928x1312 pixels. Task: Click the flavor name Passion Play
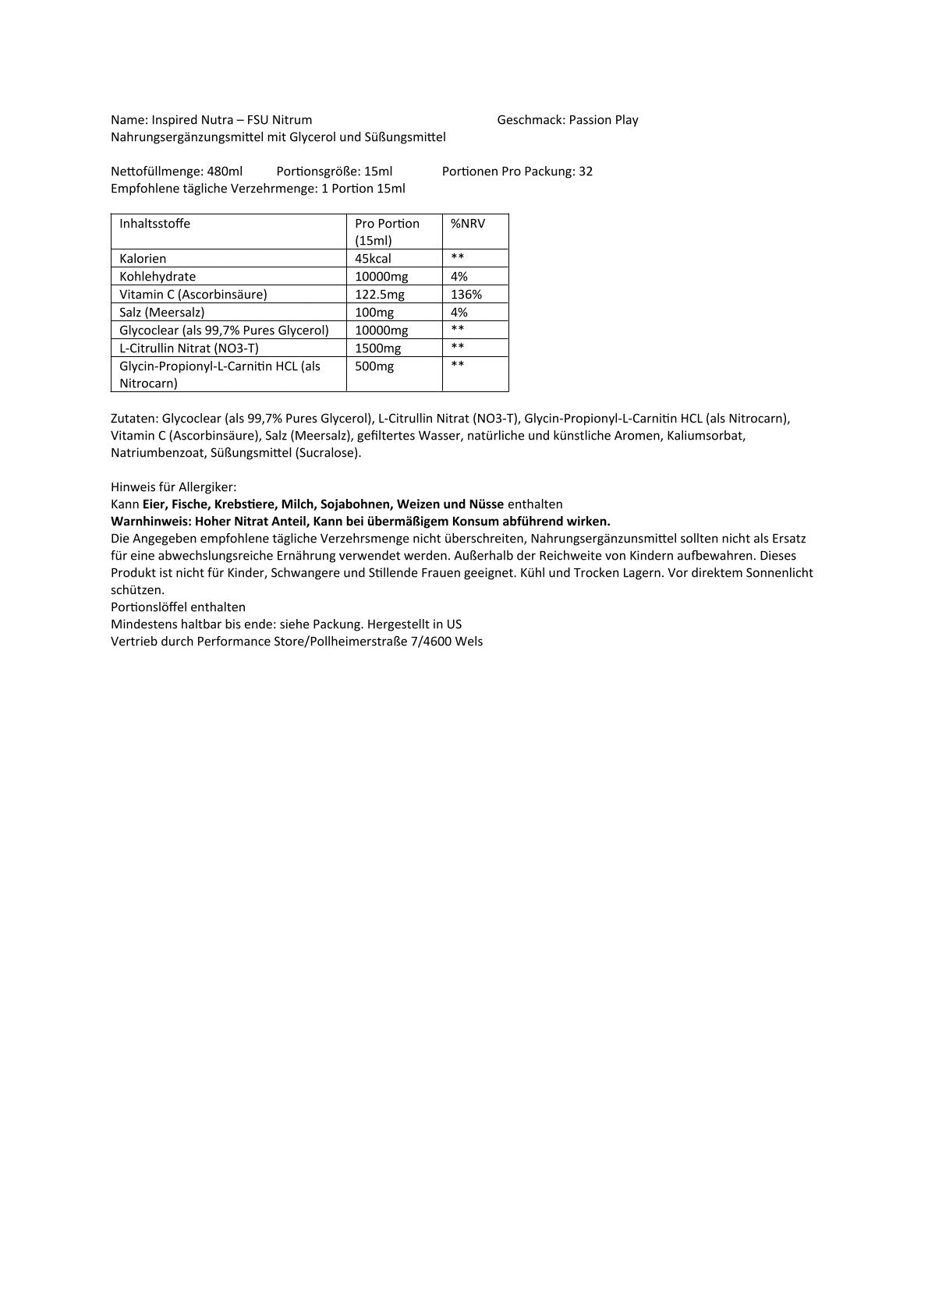click(604, 120)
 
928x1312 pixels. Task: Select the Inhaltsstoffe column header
click(154, 224)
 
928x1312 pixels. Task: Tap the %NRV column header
click(468, 224)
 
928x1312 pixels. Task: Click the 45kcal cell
click(373, 259)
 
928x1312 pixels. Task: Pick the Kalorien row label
click(143, 259)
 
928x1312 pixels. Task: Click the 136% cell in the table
click(466, 295)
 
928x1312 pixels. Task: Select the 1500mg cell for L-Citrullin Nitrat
click(377, 348)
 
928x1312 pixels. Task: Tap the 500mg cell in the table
click(374, 366)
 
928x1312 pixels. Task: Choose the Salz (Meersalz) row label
click(162, 313)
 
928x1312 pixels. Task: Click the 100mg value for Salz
click(374, 313)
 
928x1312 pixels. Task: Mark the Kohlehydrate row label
click(158, 277)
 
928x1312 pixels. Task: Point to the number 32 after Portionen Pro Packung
click(586, 172)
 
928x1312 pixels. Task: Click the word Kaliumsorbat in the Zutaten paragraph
click(706, 436)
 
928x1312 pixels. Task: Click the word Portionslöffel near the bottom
click(149, 607)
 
